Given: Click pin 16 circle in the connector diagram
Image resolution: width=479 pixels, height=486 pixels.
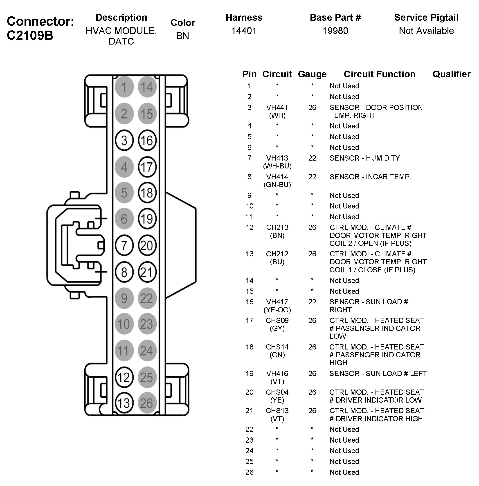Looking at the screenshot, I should pos(147,140).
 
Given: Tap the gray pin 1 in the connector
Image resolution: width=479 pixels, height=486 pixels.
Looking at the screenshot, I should pos(124,87).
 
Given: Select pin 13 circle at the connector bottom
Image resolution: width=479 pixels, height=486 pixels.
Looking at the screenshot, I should pos(124,403).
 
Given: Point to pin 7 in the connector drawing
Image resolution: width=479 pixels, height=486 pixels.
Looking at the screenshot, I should pos(124,245).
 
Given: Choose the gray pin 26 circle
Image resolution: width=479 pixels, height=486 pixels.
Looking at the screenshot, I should pos(147,403).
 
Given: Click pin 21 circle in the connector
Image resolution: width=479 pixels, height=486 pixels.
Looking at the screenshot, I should pos(147,272).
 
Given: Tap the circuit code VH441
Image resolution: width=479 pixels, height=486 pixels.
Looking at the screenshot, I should pos(277,108).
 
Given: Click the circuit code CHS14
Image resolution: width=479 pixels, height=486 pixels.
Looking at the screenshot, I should pos(277,347).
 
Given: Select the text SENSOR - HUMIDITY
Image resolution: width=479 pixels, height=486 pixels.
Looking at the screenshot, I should pos(364,158).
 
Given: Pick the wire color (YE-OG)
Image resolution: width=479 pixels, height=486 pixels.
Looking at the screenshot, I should pos(277,310).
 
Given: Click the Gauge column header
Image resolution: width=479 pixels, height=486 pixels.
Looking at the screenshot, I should pos(312,74).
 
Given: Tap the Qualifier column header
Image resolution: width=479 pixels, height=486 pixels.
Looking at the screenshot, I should pos(451,74).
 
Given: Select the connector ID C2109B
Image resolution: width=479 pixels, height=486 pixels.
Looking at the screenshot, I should pos(30,35).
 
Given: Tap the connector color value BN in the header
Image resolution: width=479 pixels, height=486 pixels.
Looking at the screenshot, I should pos(183,36).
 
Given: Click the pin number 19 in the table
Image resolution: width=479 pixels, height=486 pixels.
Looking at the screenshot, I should pos(249,374).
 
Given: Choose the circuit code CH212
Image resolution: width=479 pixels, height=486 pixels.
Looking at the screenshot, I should pos(277,254).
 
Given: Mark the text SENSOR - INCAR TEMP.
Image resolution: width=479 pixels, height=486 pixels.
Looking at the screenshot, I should pos(370,177).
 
